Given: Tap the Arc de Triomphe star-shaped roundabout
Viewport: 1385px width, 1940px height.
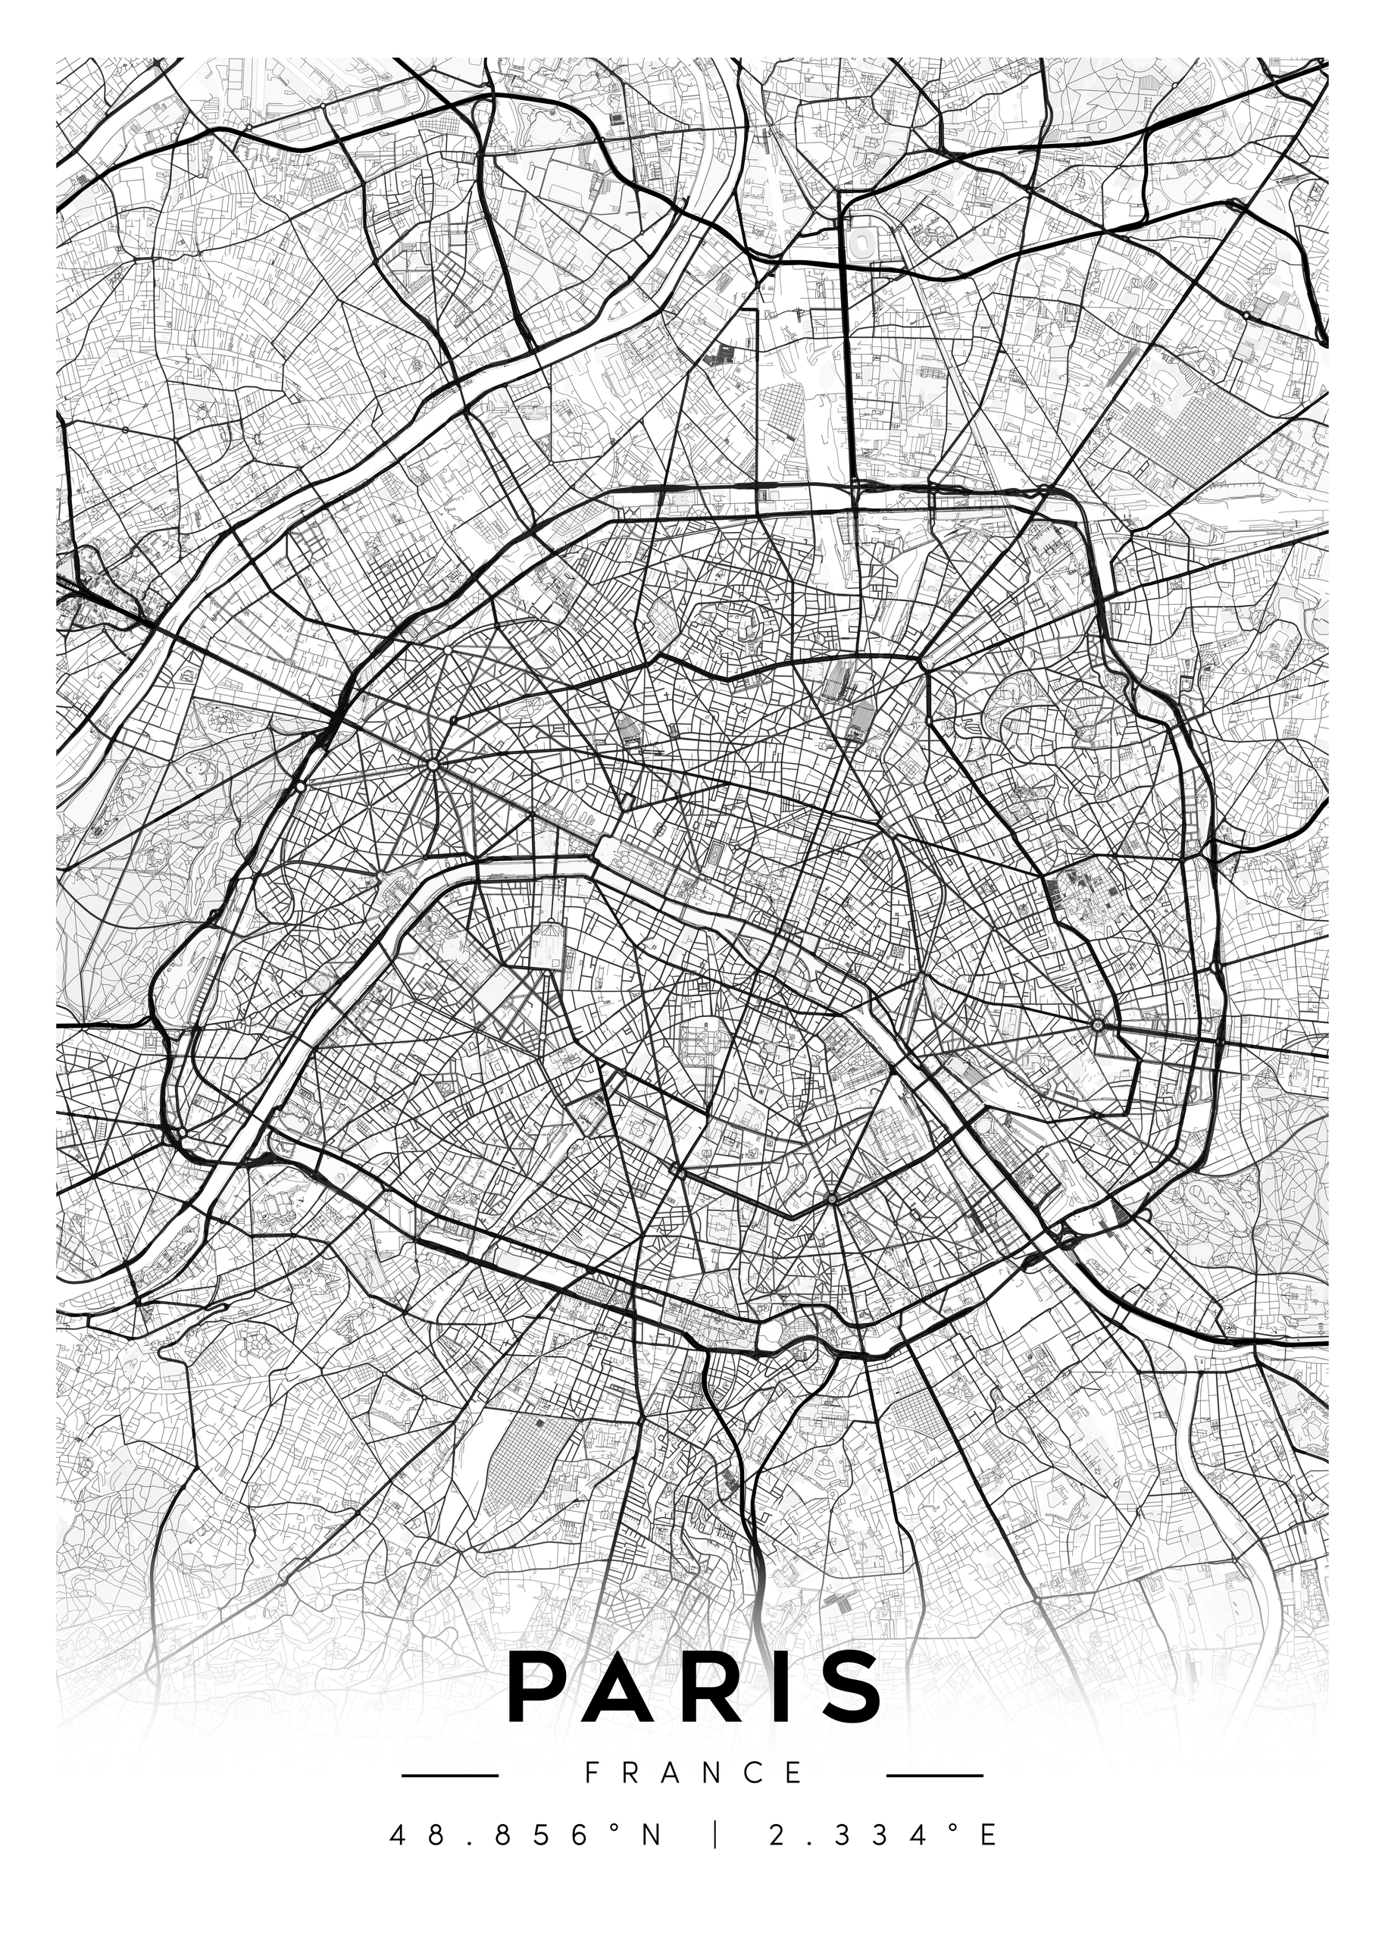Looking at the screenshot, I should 433,765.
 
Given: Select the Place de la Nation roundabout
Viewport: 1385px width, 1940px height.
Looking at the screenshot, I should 1098,1023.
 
